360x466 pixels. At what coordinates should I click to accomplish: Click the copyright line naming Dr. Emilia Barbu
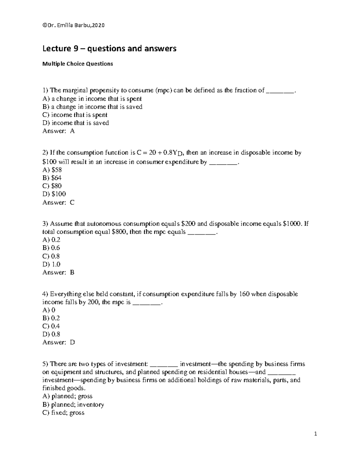tap(73, 26)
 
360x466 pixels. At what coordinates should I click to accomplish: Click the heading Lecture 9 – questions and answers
tap(109, 48)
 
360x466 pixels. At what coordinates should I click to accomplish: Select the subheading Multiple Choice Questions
tap(78, 64)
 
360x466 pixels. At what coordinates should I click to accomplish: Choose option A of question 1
tap(92, 99)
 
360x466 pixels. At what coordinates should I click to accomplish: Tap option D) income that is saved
tap(76, 123)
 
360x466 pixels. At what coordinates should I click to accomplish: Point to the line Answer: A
tap(58, 131)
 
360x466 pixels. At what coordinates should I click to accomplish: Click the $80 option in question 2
tap(52, 186)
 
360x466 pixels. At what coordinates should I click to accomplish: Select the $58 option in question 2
tap(52, 170)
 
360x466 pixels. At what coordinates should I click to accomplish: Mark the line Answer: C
tap(58, 202)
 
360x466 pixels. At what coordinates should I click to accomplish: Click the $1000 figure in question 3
tap(292, 224)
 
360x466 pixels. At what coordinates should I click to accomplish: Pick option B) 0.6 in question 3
tap(51, 248)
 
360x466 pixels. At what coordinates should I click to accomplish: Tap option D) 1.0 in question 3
tap(51, 264)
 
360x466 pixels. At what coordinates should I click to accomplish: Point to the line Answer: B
tap(58, 272)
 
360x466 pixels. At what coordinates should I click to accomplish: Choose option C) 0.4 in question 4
tap(51, 326)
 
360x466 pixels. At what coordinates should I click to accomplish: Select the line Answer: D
tap(58, 342)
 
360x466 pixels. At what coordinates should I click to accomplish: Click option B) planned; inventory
tap(73, 404)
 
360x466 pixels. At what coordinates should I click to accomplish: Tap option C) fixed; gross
tap(64, 413)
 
